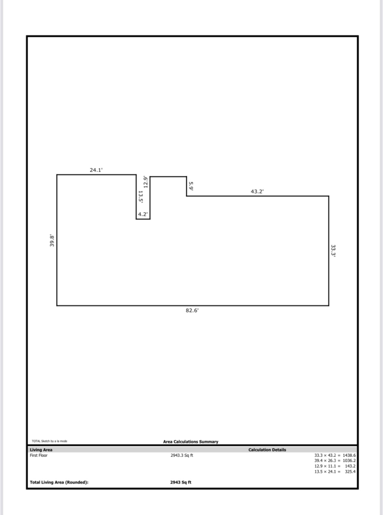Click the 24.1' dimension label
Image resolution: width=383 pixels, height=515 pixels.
(x=96, y=170)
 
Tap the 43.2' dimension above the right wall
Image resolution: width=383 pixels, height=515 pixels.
(x=257, y=192)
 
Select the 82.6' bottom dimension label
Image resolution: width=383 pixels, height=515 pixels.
(x=192, y=311)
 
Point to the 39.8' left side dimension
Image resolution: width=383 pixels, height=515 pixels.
(x=52, y=241)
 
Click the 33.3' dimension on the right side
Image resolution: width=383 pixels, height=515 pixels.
(x=333, y=251)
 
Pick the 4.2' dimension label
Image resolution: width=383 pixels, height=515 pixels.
(x=143, y=214)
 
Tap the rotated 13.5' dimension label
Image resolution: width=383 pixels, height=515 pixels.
(x=140, y=197)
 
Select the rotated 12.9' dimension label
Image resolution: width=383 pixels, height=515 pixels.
(x=145, y=182)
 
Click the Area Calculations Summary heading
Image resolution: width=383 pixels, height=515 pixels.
(x=191, y=442)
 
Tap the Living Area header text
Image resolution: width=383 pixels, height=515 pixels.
(x=41, y=450)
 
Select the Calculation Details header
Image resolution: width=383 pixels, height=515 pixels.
(x=268, y=450)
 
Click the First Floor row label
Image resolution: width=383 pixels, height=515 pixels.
(x=39, y=456)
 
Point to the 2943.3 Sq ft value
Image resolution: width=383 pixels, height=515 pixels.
(x=182, y=456)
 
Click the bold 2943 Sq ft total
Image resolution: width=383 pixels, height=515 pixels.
(x=181, y=483)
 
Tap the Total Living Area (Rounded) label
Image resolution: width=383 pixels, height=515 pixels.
(x=59, y=483)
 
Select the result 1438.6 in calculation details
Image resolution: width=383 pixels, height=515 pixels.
(x=349, y=456)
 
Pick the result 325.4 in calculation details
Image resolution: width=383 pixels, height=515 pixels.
(x=350, y=472)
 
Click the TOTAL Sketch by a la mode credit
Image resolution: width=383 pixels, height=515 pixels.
(x=49, y=441)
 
